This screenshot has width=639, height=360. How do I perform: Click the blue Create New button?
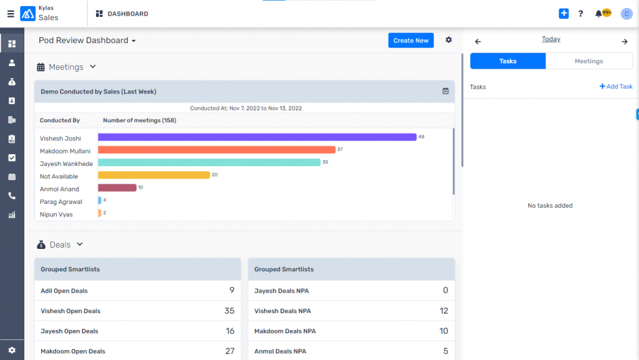(411, 41)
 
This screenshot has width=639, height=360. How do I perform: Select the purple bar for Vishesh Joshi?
(257, 137)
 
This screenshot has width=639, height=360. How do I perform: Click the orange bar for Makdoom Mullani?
(217, 150)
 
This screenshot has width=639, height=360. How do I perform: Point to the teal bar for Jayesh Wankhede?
(209, 162)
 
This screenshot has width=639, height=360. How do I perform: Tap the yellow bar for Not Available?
(154, 175)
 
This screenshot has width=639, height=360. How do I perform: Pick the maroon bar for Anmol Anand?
(117, 188)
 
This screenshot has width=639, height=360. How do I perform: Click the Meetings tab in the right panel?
(588, 61)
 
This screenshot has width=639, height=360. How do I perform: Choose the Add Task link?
(616, 87)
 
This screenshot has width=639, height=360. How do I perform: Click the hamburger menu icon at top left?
(11, 14)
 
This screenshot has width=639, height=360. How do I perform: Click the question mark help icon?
(580, 14)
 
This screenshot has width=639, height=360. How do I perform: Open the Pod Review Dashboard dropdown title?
(87, 41)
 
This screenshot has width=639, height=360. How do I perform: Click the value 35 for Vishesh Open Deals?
(229, 311)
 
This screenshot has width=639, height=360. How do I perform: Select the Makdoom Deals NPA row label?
(285, 331)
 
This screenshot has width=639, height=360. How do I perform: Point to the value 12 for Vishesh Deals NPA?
(444, 311)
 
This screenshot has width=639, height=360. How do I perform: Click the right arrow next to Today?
(625, 42)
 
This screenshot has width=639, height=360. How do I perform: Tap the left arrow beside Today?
(478, 42)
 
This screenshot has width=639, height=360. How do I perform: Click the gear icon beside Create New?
(449, 40)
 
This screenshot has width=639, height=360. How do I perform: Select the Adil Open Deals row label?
(64, 291)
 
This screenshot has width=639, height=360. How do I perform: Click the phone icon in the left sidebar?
(12, 196)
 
